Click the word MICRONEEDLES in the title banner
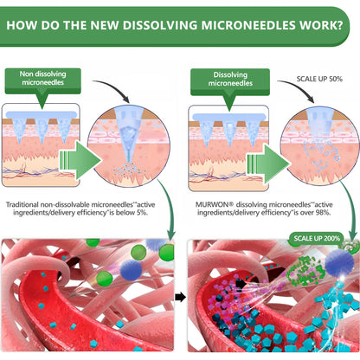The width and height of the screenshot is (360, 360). click(x=247, y=25)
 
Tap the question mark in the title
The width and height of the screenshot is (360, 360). click(x=339, y=25)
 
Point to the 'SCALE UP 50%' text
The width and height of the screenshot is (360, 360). click(x=319, y=79)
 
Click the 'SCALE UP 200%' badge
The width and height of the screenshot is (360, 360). click(x=317, y=239)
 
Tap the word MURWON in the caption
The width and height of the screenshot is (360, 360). click(x=212, y=204)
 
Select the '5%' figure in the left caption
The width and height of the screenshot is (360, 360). click(x=141, y=213)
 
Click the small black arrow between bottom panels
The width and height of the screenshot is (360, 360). click(x=180, y=297)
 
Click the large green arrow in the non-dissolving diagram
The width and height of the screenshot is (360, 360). click(x=80, y=160)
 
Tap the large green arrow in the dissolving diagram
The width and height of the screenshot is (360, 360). click(x=268, y=164)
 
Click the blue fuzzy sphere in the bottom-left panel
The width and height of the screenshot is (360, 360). click(x=131, y=270)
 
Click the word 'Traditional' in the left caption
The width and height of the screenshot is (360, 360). click(x=22, y=204)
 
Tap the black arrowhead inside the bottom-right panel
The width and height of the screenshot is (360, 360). click(x=241, y=284)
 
